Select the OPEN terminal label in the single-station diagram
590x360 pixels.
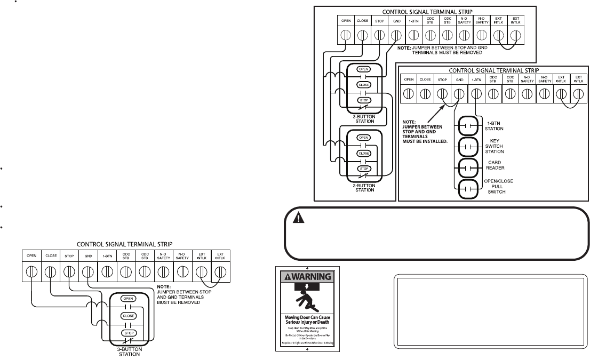click(31, 256)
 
